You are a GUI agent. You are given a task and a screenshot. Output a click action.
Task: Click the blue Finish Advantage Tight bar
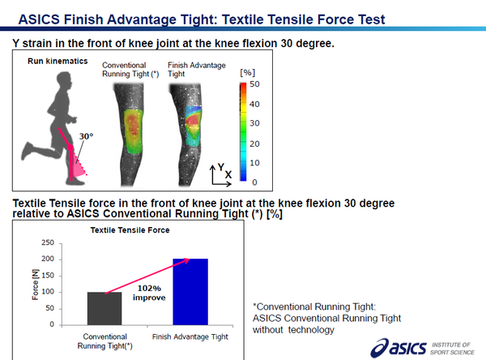click(x=190, y=292)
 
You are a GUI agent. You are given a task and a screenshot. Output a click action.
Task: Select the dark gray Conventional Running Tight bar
click(x=104, y=308)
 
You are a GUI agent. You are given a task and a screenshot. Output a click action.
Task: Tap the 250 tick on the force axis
click(x=48, y=242)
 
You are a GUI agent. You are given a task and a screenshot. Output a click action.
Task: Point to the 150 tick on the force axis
click(x=48, y=276)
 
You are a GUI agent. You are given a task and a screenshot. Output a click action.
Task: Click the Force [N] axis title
click(x=36, y=285)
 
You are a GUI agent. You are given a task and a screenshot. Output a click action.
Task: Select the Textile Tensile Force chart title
click(x=130, y=230)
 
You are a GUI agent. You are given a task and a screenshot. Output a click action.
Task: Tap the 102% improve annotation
click(x=149, y=293)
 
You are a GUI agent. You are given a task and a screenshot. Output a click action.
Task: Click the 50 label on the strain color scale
click(x=254, y=84)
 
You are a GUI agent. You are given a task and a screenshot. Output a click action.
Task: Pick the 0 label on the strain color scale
click(x=254, y=182)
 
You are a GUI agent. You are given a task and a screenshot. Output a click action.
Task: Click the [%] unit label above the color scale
click(x=247, y=73)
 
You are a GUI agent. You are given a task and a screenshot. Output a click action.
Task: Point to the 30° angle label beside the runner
click(x=86, y=136)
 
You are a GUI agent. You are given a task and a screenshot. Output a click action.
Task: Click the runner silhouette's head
click(x=64, y=81)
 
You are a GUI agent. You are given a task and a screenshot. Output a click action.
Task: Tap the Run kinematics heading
click(x=58, y=61)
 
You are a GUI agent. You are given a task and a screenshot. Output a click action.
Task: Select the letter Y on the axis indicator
click(x=220, y=167)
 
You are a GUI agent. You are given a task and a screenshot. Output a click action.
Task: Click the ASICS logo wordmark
click(x=399, y=348)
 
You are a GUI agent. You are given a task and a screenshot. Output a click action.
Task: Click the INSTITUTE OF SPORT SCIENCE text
click(x=452, y=349)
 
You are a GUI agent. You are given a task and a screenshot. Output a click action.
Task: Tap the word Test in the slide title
click(x=372, y=19)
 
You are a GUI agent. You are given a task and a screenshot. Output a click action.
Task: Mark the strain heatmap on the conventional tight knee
click(x=134, y=131)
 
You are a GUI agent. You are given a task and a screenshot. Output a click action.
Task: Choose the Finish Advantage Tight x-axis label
click(x=190, y=336)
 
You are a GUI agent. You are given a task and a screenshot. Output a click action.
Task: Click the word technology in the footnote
click(x=311, y=329)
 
